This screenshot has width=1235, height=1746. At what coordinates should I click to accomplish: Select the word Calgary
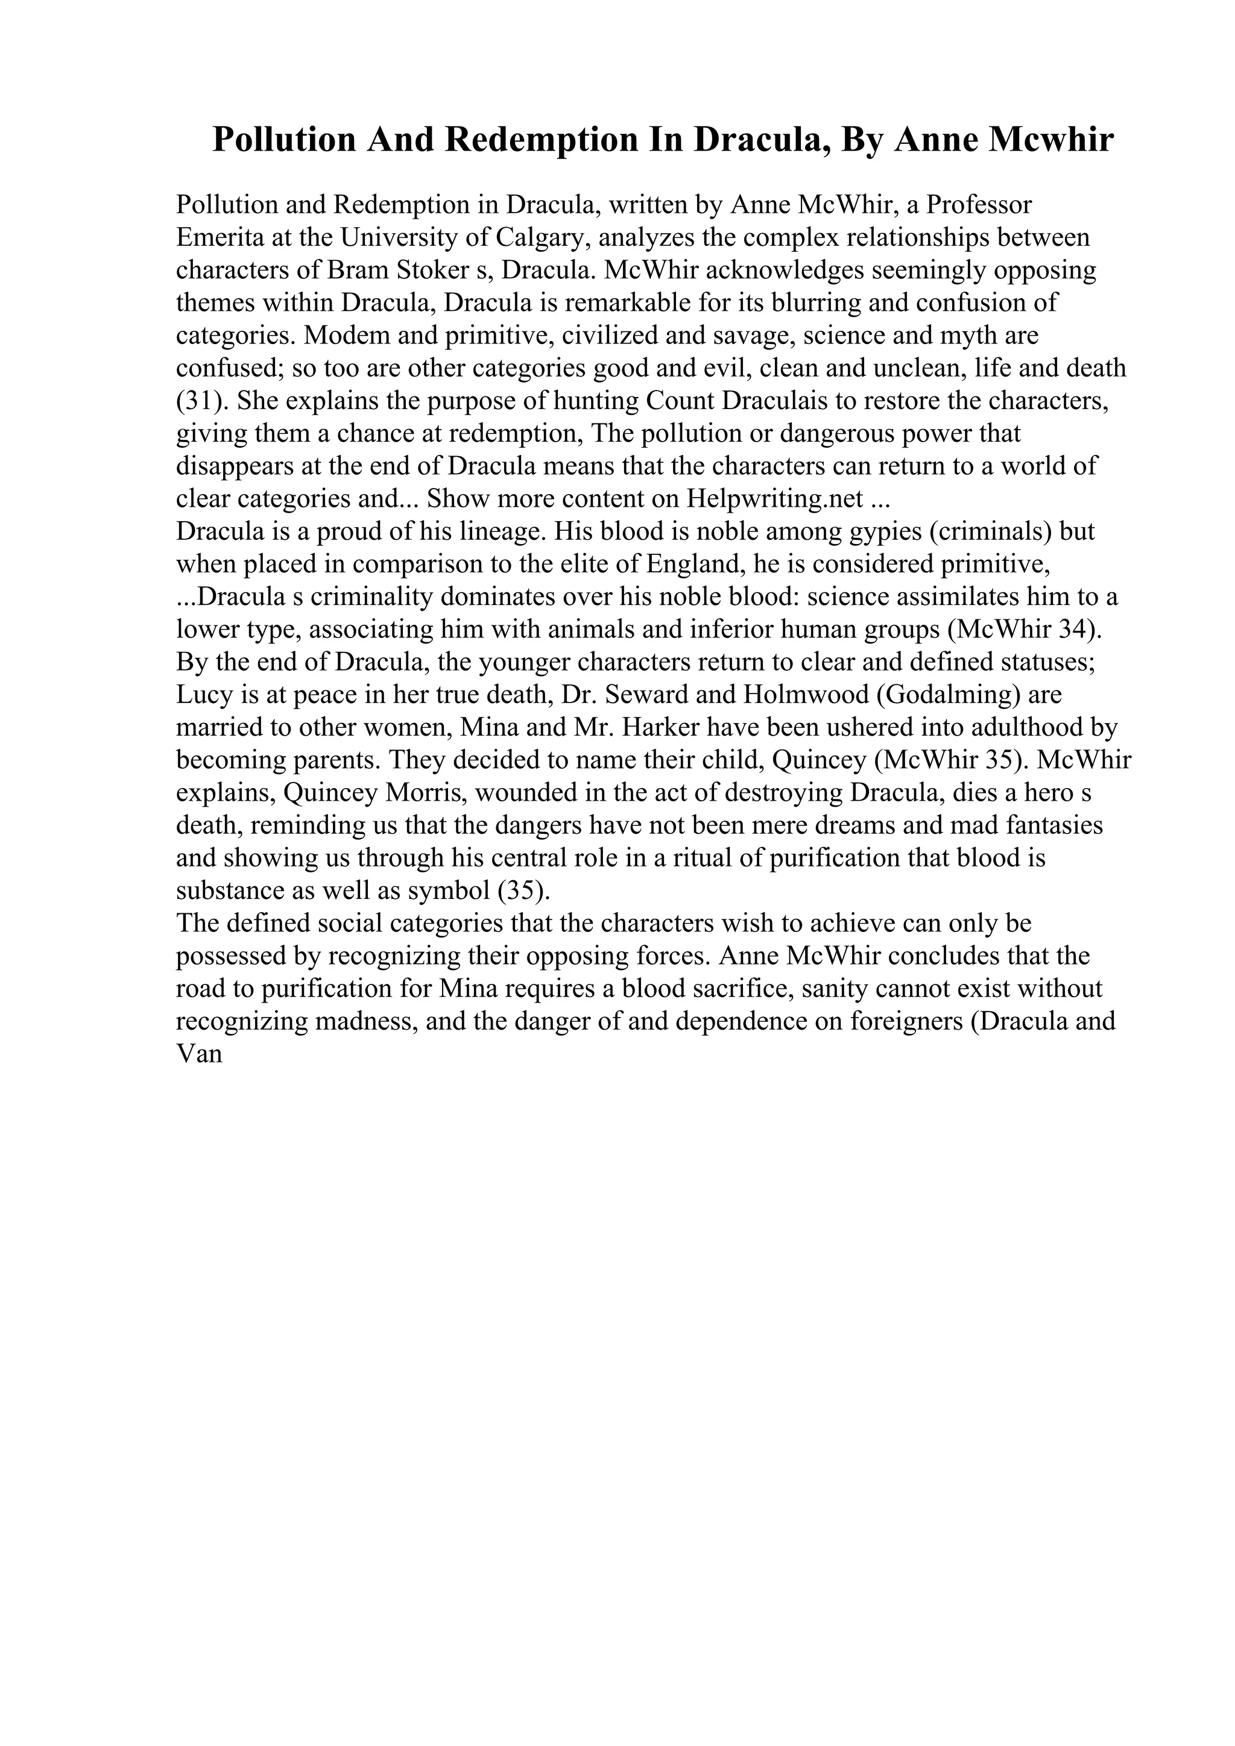[542, 238]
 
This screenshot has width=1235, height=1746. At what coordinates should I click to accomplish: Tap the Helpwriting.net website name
[775, 499]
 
